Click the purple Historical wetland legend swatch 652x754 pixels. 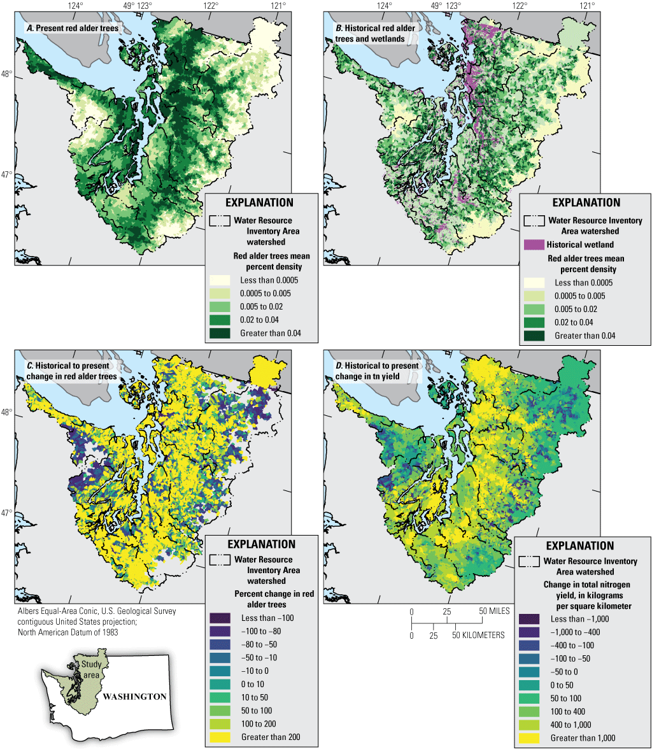[534, 245]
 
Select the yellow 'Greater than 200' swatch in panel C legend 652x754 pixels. [220, 737]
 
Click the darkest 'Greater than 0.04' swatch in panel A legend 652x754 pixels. [220, 332]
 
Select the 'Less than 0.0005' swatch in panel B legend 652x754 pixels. [534, 283]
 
